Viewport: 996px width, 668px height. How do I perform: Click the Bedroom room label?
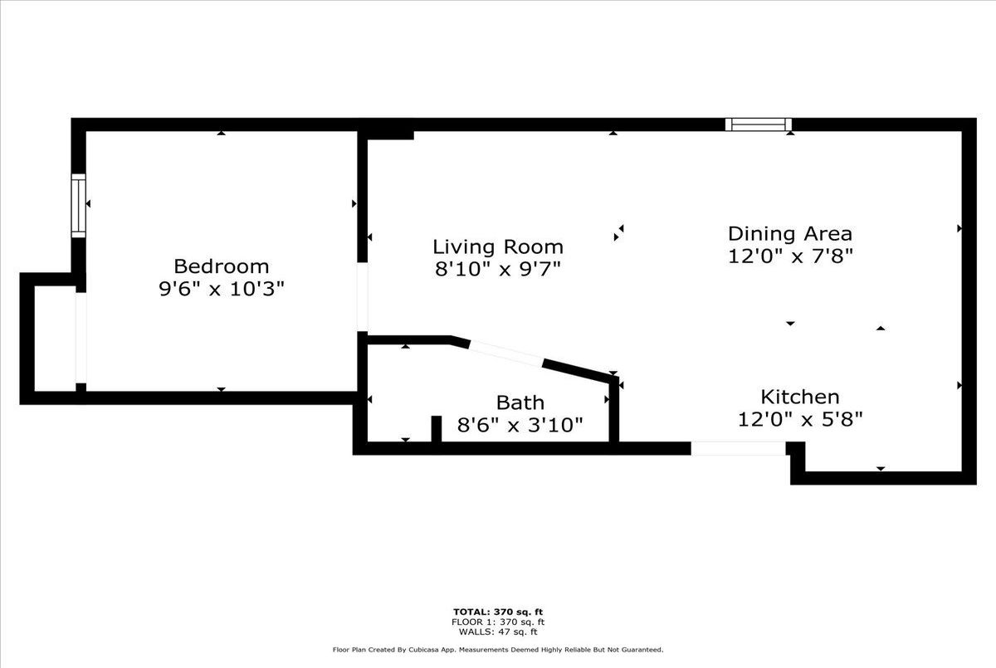[222, 266]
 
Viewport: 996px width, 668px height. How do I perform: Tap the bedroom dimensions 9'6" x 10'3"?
[222, 290]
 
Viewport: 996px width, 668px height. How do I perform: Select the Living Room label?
[498, 246]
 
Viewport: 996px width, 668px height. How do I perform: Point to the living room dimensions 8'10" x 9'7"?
[498, 269]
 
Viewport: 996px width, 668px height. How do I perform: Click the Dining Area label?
[790, 234]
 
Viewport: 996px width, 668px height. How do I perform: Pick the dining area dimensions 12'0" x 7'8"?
[790, 256]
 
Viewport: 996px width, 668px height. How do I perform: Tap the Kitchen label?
[800, 397]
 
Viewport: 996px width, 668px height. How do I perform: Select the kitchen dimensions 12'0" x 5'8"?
[800, 419]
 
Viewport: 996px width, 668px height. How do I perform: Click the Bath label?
[520, 402]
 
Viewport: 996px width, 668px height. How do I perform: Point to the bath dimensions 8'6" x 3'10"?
[520, 425]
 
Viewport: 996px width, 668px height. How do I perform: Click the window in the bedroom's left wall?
[79, 205]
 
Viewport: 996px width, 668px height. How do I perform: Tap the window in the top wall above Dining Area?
[758, 124]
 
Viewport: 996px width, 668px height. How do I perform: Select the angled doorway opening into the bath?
[506, 354]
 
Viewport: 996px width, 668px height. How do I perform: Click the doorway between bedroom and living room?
[363, 297]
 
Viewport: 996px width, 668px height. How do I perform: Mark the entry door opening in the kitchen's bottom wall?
[738, 448]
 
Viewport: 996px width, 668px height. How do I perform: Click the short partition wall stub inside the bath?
[437, 429]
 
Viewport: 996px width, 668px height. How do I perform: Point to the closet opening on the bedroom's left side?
[81, 338]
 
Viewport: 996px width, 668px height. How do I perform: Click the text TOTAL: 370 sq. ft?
[498, 612]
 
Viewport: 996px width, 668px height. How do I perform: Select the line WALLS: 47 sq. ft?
[498, 631]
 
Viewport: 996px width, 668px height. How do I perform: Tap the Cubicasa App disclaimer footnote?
[498, 650]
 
